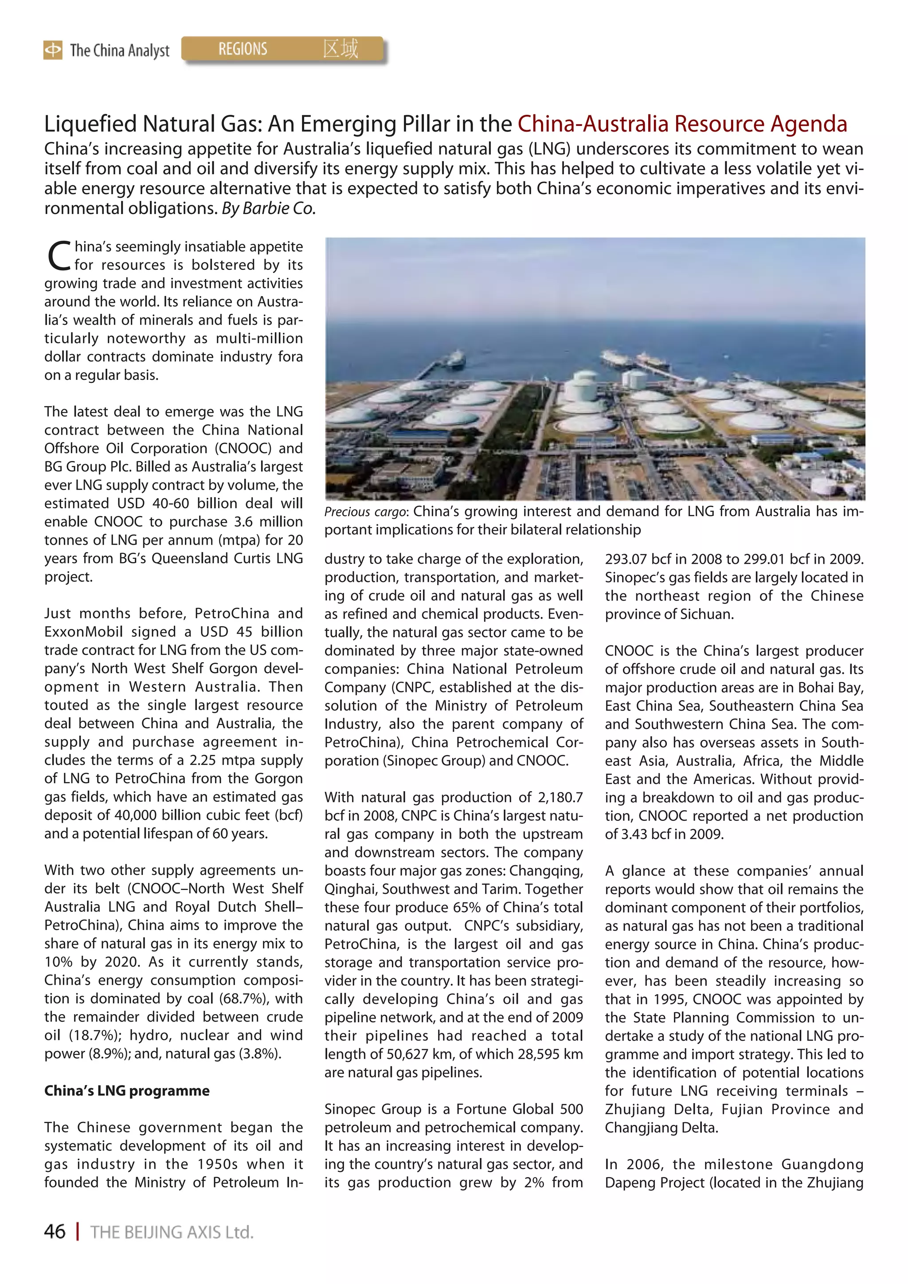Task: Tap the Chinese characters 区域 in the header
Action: tap(340, 49)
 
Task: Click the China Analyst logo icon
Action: tap(53, 51)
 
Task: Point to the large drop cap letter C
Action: tap(58, 256)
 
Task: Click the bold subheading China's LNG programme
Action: tap(127, 1090)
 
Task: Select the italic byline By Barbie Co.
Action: tap(269, 209)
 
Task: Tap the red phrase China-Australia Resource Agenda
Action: tap(682, 124)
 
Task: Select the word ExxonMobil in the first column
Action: tap(83, 632)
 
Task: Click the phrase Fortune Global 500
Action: tap(519, 1109)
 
